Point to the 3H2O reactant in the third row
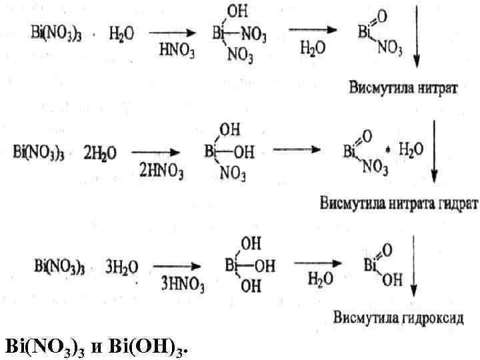pos(122,267)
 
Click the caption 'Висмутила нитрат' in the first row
pos(402,88)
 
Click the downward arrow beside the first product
pos(417,35)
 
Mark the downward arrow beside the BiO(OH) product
pos(415,267)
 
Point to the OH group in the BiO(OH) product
pos(392,281)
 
